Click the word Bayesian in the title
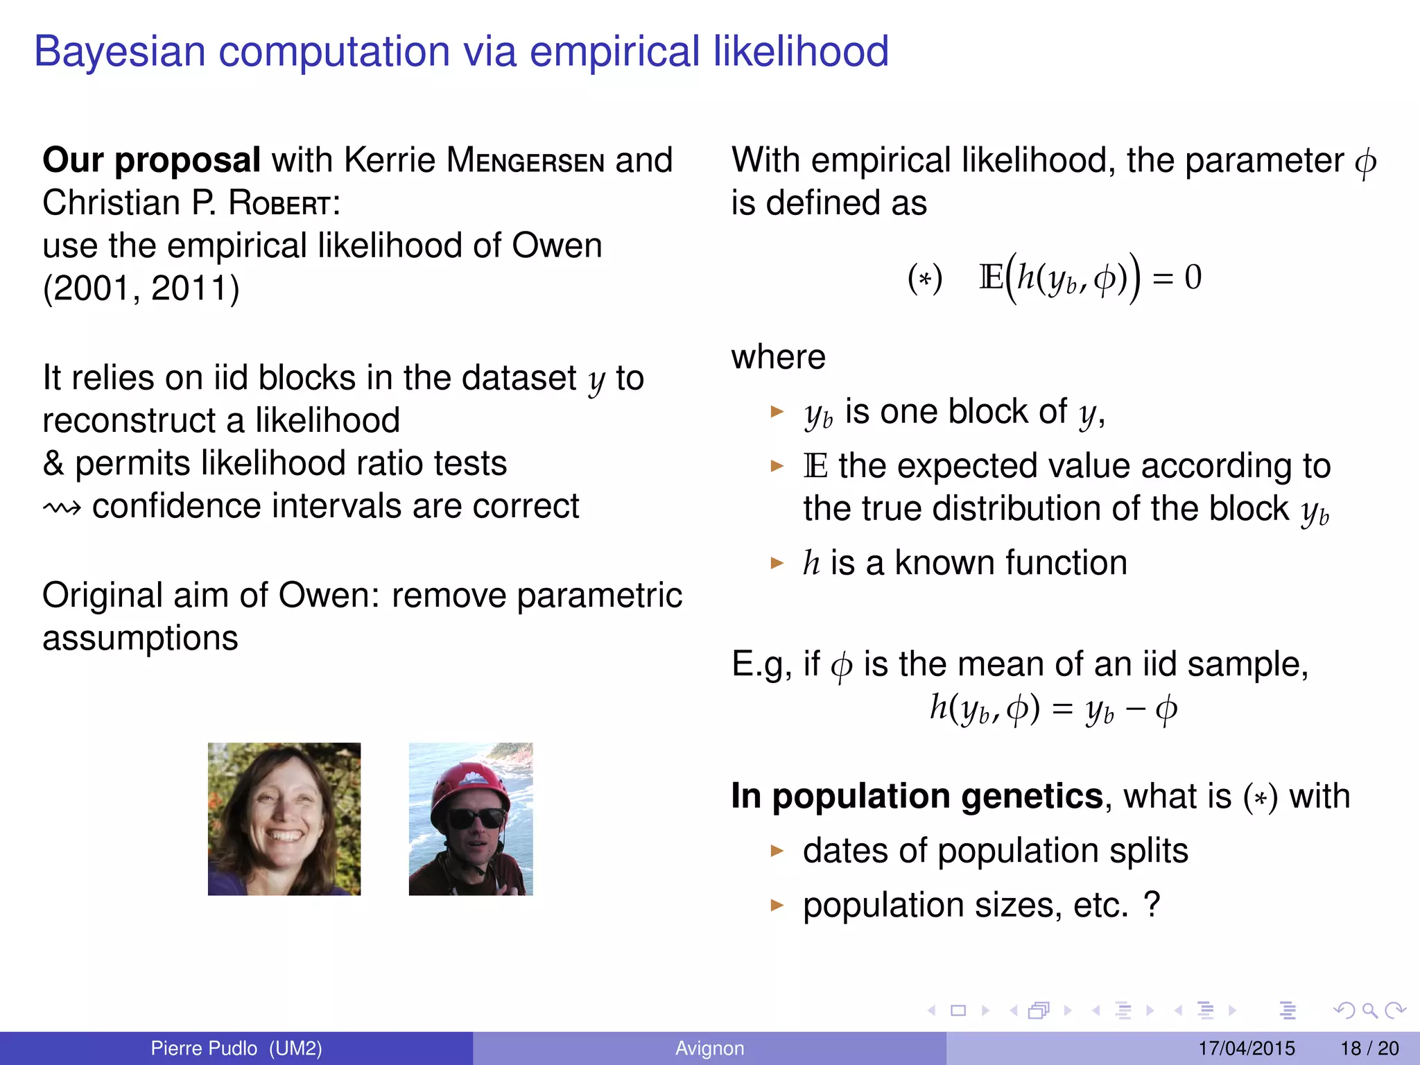pos(119,52)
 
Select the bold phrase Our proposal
pos(151,160)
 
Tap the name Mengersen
pos(525,161)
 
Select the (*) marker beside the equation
pos(925,279)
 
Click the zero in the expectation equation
pos(1193,277)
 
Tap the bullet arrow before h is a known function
pos(777,562)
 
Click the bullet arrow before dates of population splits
pos(777,851)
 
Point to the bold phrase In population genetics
pos(917,796)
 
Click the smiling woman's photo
pos(284,819)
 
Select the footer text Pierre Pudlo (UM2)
pos(236,1048)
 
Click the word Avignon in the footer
pos(709,1048)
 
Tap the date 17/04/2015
pos(1246,1048)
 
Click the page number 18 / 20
pos(1369,1048)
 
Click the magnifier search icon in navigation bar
pos(1369,1011)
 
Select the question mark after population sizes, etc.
pos(1152,904)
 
